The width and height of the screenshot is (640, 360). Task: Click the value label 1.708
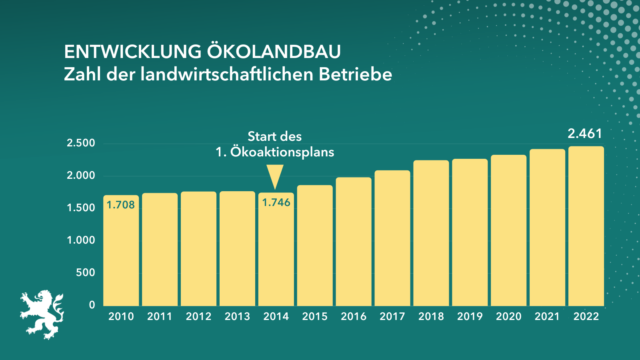121,205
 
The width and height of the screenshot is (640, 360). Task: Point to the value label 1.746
276,202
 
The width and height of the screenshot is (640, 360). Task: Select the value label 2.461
585,134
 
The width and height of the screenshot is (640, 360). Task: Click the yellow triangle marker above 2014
275,176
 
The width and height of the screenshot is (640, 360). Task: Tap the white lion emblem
42,314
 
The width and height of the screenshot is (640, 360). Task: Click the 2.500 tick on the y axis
81,143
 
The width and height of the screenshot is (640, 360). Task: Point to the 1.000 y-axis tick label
81,240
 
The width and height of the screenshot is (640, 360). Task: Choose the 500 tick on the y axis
86,272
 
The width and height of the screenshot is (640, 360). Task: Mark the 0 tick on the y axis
92,305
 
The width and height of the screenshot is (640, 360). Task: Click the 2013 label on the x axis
237,316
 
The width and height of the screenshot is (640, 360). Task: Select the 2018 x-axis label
431,316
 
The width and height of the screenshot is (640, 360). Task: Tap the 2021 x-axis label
547,316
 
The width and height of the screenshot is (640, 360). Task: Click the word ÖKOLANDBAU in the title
274,52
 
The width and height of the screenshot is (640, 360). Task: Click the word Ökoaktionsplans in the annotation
282,152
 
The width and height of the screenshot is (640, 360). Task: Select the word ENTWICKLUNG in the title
133,52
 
